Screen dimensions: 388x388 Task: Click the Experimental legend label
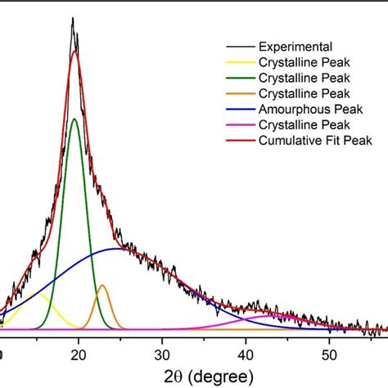(x=291, y=47)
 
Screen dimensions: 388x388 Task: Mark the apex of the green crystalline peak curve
(x=75, y=120)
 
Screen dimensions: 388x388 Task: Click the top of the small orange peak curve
(x=102, y=286)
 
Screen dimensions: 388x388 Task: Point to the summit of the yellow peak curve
(x=33, y=293)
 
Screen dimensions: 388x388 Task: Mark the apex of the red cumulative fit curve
(x=75, y=52)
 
